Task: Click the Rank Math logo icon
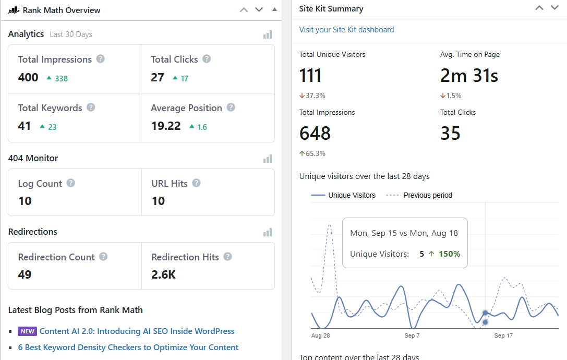tap(14, 10)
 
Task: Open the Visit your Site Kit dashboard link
tap(346, 30)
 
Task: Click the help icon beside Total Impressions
tap(101, 59)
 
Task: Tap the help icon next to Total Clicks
tap(207, 59)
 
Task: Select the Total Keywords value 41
tap(25, 126)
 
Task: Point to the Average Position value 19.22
tap(165, 126)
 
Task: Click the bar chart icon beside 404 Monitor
tap(268, 159)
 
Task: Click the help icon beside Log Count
tap(70, 183)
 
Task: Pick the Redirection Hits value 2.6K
tap(164, 274)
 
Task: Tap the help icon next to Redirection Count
tap(103, 257)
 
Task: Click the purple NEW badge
tap(27, 331)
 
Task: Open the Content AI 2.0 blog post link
tap(137, 331)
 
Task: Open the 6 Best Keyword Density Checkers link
tap(128, 347)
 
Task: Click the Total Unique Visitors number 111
tap(310, 76)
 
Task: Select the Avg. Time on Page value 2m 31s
tap(469, 76)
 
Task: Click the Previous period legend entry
tap(427, 195)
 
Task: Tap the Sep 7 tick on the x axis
tap(412, 335)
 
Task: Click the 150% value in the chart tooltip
tap(449, 254)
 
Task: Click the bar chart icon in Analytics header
tap(268, 34)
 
